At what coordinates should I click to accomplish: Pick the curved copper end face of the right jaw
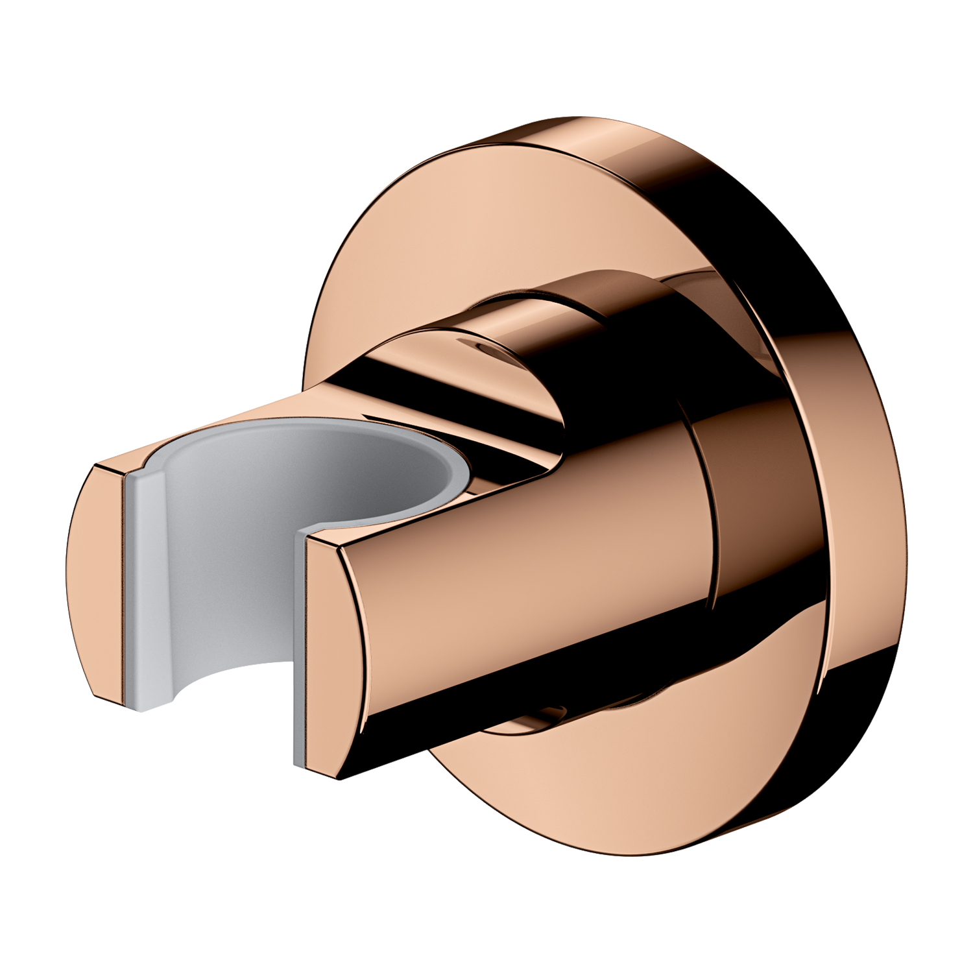click(334, 655)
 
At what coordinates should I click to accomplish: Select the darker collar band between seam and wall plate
click(752, 506)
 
